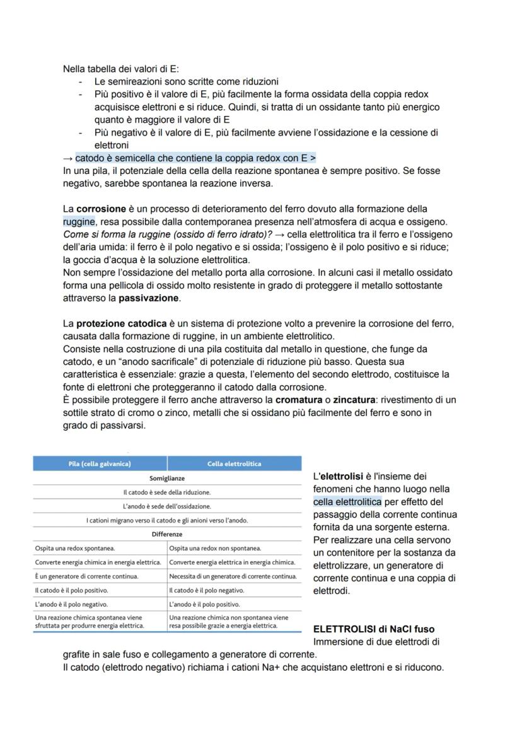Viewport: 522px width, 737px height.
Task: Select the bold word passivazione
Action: coord(149,298)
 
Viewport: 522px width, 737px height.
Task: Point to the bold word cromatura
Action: coord(301,400)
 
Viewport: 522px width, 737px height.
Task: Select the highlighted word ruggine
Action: coord(79,221)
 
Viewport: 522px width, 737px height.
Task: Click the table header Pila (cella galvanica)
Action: coord(100,464)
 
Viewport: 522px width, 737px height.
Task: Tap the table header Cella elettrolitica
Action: coord(234,464)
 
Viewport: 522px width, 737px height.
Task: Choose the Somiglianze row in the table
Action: coord(167,479)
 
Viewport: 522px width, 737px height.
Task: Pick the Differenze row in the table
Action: coord(167,534)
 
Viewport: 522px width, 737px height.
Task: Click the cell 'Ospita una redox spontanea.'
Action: coord(79,548)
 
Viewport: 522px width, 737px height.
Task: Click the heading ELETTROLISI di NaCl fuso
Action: coord(373,629)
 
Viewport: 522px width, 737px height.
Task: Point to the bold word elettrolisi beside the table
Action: coord(344,477)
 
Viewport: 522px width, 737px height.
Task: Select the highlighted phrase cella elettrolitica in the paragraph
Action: coord(347,502)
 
